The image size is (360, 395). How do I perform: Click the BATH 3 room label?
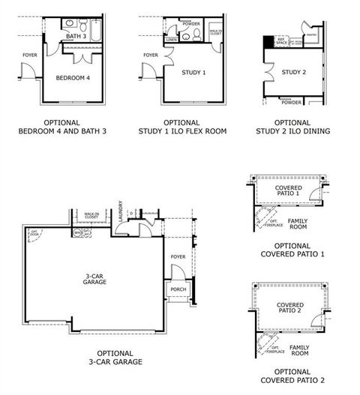click(76, 36)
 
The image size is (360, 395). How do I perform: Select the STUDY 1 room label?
click(193, 73)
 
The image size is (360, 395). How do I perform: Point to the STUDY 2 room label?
click(293, 73)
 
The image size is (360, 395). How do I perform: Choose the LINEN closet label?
click(172, 39)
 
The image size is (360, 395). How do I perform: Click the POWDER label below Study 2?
click(292, 103)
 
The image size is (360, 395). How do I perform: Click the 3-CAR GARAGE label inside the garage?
click(94, 280)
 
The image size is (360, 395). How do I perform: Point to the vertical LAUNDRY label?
click(120, 212)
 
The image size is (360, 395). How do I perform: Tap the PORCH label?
click(177, 290)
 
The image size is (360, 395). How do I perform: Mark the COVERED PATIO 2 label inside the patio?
click(289, 308)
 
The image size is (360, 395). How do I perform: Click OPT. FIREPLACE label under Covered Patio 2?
click(275, 349)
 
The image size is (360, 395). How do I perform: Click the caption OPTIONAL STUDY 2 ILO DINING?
click(292, 127)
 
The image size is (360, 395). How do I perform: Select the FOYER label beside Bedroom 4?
click(29, 55)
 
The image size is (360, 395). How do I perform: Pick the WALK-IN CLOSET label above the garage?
click(93, 216)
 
